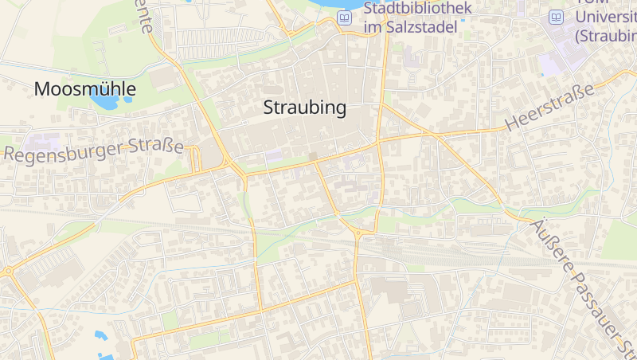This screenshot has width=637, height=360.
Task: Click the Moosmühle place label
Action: tap(84, 89)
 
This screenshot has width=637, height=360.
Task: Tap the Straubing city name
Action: tap(305, 108)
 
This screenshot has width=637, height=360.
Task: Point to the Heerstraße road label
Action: tap(550, 108)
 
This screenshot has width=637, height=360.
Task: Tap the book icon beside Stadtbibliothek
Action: tap(345, 18)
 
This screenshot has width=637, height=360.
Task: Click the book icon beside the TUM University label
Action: tap(557, 18)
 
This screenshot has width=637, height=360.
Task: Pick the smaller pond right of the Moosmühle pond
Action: tap(127, 101)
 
